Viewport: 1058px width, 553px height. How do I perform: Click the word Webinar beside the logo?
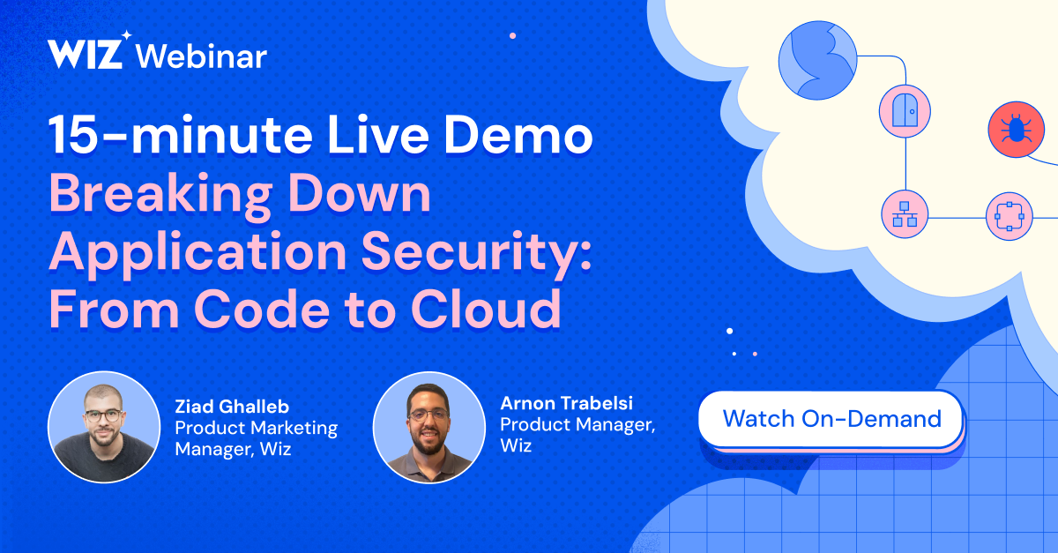click(202, 56)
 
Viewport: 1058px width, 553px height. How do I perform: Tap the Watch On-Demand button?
click(831, 419)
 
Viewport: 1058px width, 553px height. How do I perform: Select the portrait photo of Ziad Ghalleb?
click(104, 427)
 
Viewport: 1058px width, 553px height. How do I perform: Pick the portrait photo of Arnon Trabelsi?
click(429, 427)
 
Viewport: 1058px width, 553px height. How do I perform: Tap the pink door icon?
click(905, 111)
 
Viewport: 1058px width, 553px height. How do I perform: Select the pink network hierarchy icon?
click(905, 215)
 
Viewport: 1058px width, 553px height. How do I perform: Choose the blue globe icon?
click(817, 60)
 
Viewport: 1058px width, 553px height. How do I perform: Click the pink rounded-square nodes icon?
click(1009, 215)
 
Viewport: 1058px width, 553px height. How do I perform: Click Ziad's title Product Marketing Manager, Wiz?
click(256, 438)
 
